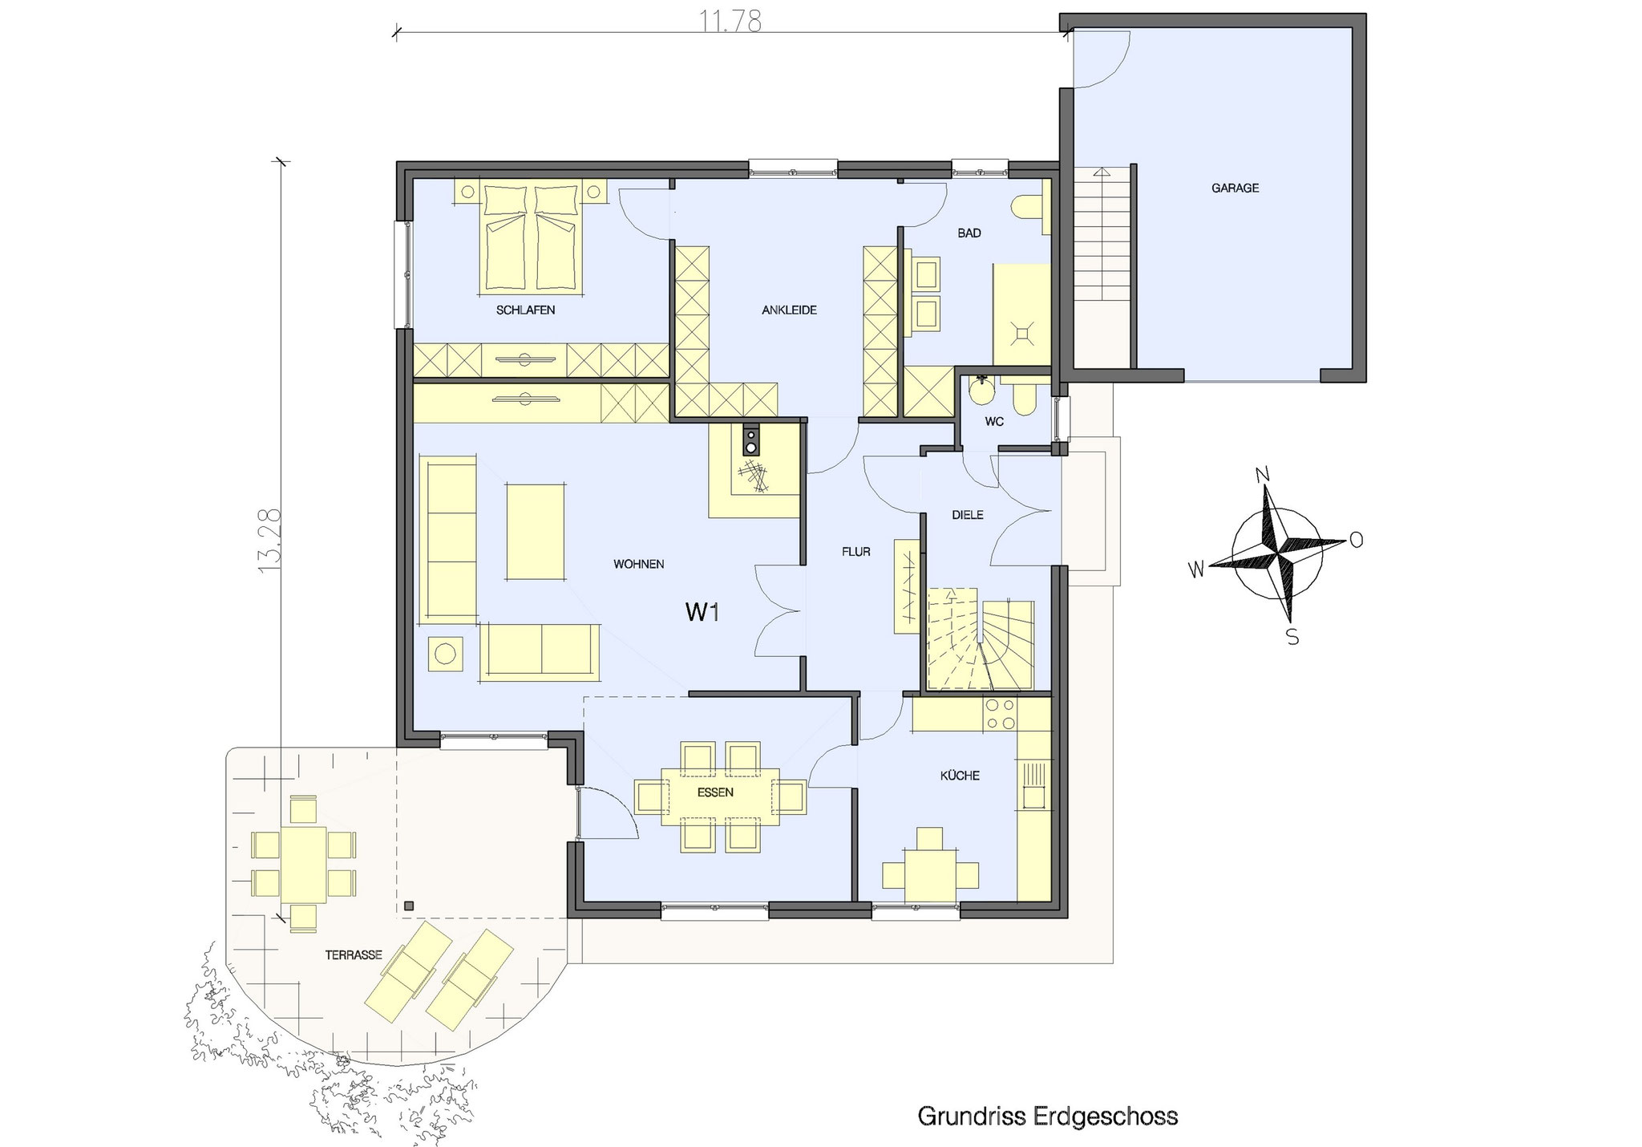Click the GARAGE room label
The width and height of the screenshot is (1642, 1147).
pyautogui.click(x=1235, y=188)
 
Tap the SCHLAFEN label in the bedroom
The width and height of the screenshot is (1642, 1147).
pyautogui.click(x=525, y=310)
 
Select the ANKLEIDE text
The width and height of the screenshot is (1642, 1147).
pyautogui.click(x=789, y=310)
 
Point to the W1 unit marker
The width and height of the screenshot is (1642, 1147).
pyautogui.click(x=702, y=613)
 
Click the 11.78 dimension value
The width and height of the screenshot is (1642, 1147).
pyautogui.click(x=730, y=22)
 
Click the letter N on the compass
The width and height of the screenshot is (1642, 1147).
pyautogui.click(x=1265, y=475)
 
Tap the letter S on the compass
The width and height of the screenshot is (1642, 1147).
pyautogui.click(x=1292, y=638)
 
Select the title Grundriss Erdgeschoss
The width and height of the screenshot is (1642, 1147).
pyautogui.click(x=1047, y=1116)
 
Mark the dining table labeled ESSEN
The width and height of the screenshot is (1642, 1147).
pyautogui.click(x=720, y=796)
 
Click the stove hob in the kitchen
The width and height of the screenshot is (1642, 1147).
pyautogui.click(x=1000, y=715)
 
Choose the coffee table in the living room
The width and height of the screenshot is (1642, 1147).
pyautogui.click(x=536, y=530)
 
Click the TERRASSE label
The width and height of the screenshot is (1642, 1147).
pyautogui.click(x=354, y=955)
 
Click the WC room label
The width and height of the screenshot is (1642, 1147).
pyautogui.click(x=993, y=422)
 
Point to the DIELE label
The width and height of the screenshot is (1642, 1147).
pyautogui.click(x=967, y=515)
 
